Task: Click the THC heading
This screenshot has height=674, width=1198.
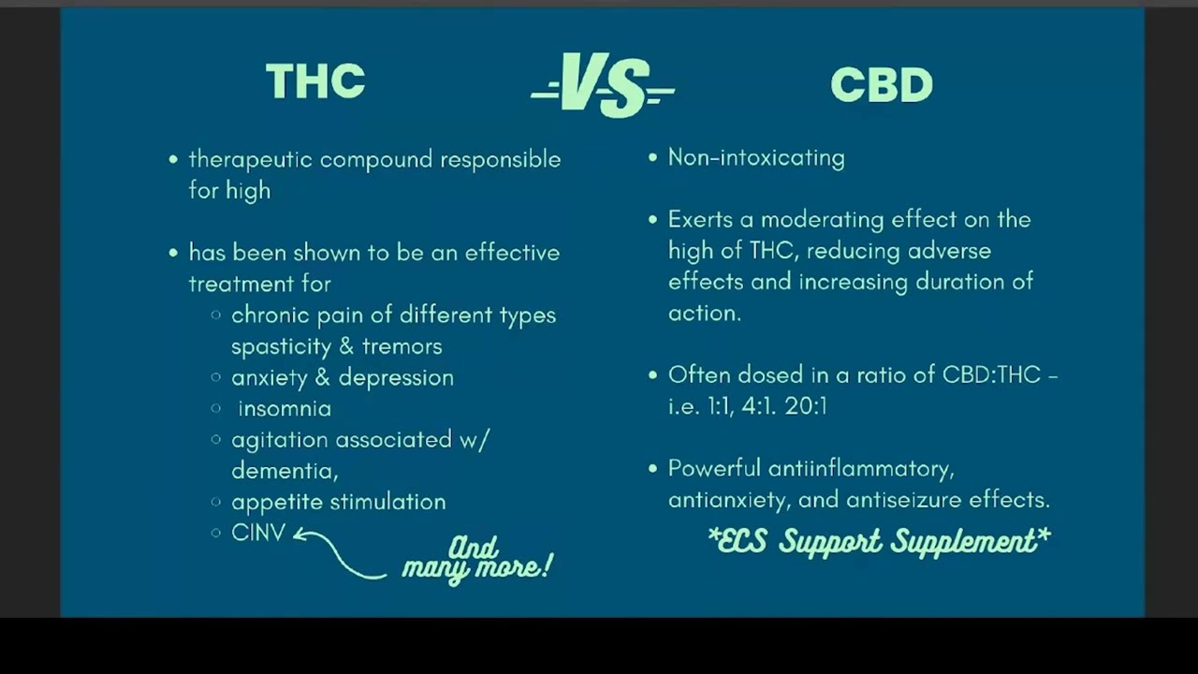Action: click(315, 82)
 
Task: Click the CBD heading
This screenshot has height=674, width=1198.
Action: click(882, 85)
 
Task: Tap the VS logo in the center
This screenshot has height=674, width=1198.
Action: click(603, 85)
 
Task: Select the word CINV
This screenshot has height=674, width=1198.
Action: click(258, 533)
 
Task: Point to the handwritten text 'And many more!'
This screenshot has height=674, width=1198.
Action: click(476, 558)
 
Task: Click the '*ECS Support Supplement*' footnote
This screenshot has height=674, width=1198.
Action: click(879, 541)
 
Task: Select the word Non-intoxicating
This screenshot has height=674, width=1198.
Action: click(756, 157)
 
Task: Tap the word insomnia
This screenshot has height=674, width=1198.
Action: click(285, 409)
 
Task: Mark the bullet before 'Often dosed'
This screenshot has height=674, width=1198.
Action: click(653, 375)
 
